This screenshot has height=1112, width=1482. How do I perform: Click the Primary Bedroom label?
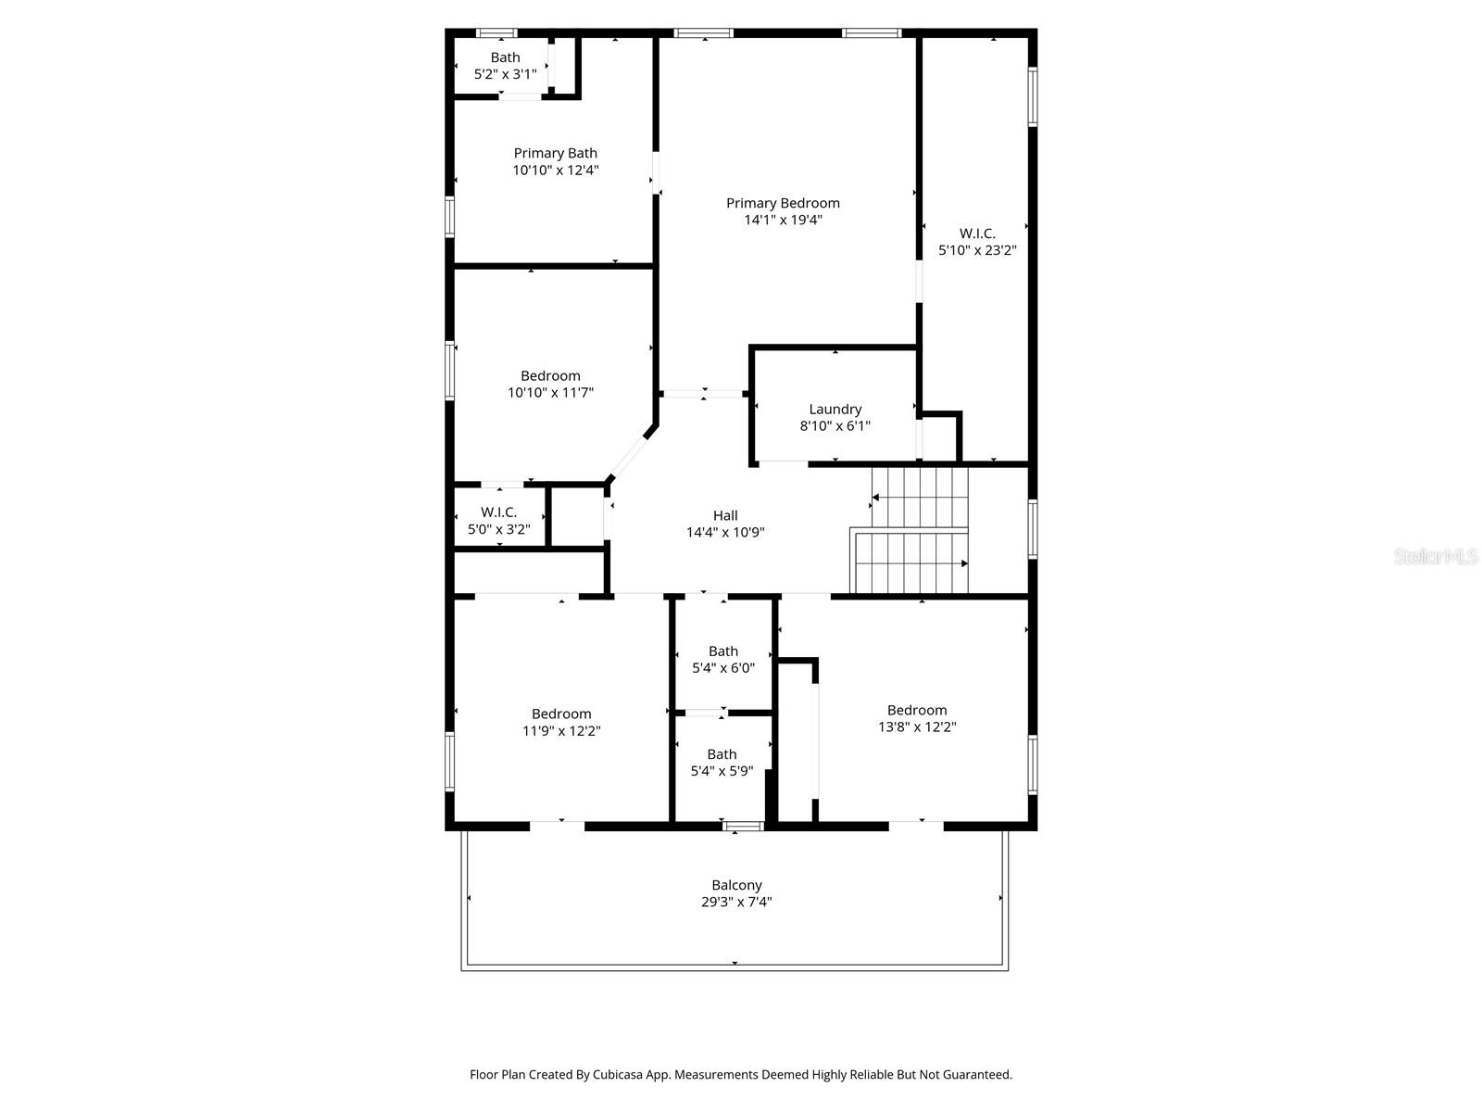coord(783,204)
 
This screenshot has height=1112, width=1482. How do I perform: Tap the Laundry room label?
coord(835,410)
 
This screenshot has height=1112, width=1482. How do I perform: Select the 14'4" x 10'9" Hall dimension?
coord(725,533)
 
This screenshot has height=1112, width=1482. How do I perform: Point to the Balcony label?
coord(736,885)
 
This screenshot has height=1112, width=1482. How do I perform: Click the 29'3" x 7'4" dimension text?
coord(736,902)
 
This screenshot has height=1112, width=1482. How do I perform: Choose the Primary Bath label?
coord(556,154)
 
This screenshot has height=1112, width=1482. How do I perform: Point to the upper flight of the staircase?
coord(920,497)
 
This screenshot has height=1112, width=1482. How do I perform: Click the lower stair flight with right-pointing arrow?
coord(911,562)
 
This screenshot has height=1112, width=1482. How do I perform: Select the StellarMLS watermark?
coord(1436,557)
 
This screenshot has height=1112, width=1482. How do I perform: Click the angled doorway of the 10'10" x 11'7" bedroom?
coord(633,453)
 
